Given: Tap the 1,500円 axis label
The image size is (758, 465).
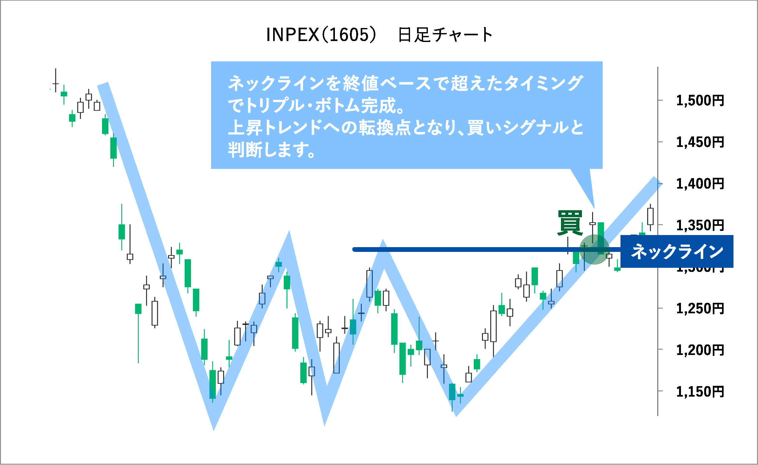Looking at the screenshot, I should (x=700, y=101).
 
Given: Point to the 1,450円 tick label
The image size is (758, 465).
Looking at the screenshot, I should (x=700, y=142).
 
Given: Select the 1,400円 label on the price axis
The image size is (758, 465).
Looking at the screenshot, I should (x=700, y=184).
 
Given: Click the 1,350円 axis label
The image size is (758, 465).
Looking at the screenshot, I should (x=700, y=225).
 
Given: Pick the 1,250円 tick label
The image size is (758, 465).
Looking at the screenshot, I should (x=700, y=309).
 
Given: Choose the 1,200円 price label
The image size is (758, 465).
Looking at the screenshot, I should (x=700, y=350).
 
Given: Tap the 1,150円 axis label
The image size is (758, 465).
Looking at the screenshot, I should (x=700, y=392).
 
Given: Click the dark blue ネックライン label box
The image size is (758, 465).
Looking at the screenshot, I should (x=677, y=252).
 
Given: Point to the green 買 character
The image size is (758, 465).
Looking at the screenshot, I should (x=570, y=223).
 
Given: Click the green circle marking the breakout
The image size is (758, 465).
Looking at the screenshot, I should (x=594, y=250).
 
